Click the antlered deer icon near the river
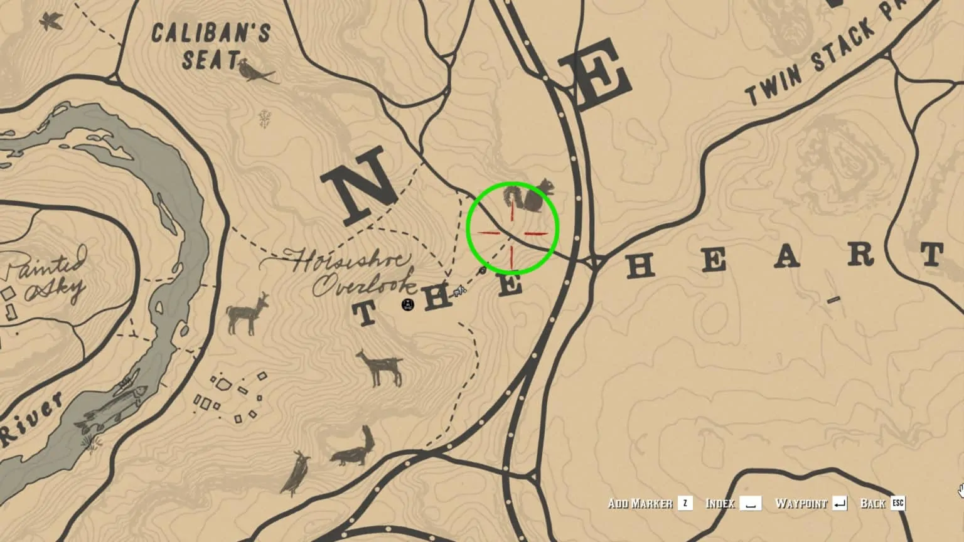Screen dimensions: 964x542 pyautogui.click(x=247, y=313)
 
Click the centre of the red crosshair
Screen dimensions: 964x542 pyautogui.click(x=512, y=233)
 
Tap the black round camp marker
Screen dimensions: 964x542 pyautogui.click(x=408, y=305)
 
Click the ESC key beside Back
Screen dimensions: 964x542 pyautogui.click(x=898, y=503)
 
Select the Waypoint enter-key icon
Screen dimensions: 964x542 pyautogui.click(x=839, y=503)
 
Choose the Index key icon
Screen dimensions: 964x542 pyautogui.click(x=750, y=503)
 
